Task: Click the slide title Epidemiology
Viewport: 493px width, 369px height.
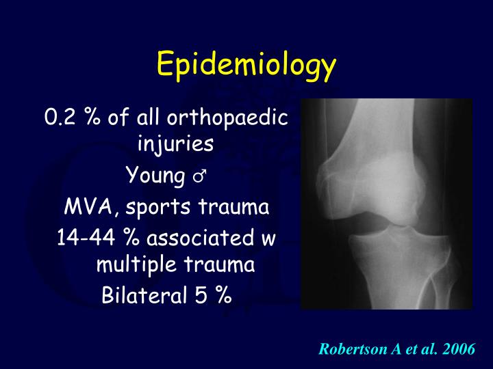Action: coord(246,66)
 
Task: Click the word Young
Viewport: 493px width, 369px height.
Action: coord(155,176)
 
